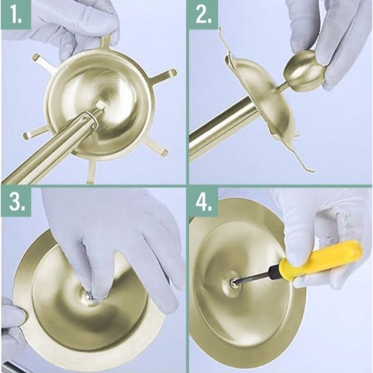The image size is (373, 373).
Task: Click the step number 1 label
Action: [x=15, y=16]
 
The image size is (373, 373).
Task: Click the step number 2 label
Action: [x=204, y=16]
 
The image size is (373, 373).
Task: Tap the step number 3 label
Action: [x=15, y=203]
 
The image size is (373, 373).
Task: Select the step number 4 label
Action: [x=204, y=203]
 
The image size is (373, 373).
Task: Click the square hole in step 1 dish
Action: [x=100, y=104]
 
